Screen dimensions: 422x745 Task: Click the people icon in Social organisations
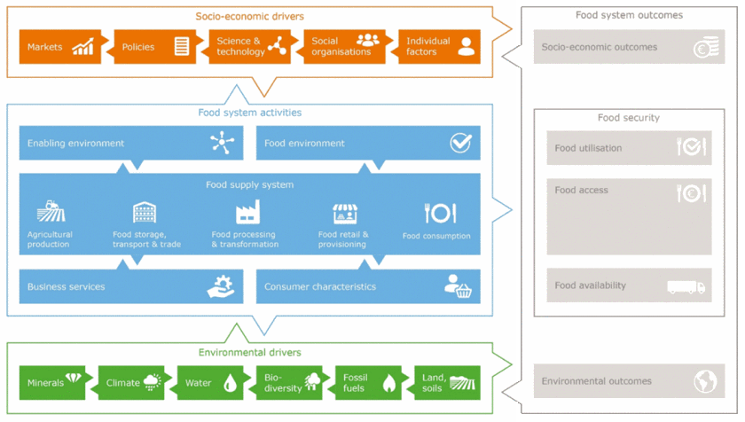point(367,41)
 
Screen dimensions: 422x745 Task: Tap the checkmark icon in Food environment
point(460,143)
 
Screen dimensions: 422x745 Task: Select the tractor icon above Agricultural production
point(51,213)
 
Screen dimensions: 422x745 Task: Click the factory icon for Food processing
point(247,213)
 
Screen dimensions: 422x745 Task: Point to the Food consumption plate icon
point(440,213)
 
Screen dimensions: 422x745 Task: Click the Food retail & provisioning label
point(343,239)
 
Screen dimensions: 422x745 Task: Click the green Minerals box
point(56,383)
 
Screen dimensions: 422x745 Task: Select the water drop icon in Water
point(230,383)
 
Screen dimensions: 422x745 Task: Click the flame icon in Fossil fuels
point(388,383)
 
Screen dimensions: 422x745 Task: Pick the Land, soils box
point(444,383)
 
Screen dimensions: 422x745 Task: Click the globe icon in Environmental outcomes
point(705,381)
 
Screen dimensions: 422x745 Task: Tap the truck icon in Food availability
point(686,286)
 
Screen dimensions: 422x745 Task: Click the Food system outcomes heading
point(629,15)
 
